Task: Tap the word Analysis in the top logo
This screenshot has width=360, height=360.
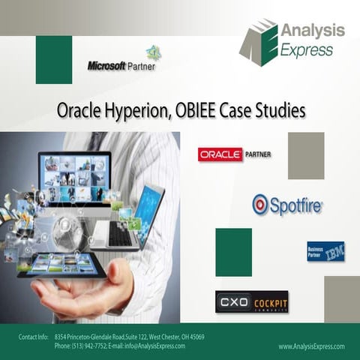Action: pos(312,31)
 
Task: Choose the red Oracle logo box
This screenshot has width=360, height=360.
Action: pos(220,154)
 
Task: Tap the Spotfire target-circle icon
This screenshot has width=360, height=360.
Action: pos(260,204)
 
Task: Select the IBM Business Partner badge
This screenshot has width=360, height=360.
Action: pos(325,251)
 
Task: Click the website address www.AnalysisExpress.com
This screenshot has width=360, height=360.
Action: pos(311,346)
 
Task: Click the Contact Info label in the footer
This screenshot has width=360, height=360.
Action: pos(34,337)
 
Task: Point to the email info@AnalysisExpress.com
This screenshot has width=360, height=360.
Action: pos(153,346)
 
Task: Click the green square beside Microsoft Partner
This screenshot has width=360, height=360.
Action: pos(54,60)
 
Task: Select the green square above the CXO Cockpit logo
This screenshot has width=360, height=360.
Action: pos(233,252)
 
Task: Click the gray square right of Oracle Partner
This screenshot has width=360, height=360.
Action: pos(306,155)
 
